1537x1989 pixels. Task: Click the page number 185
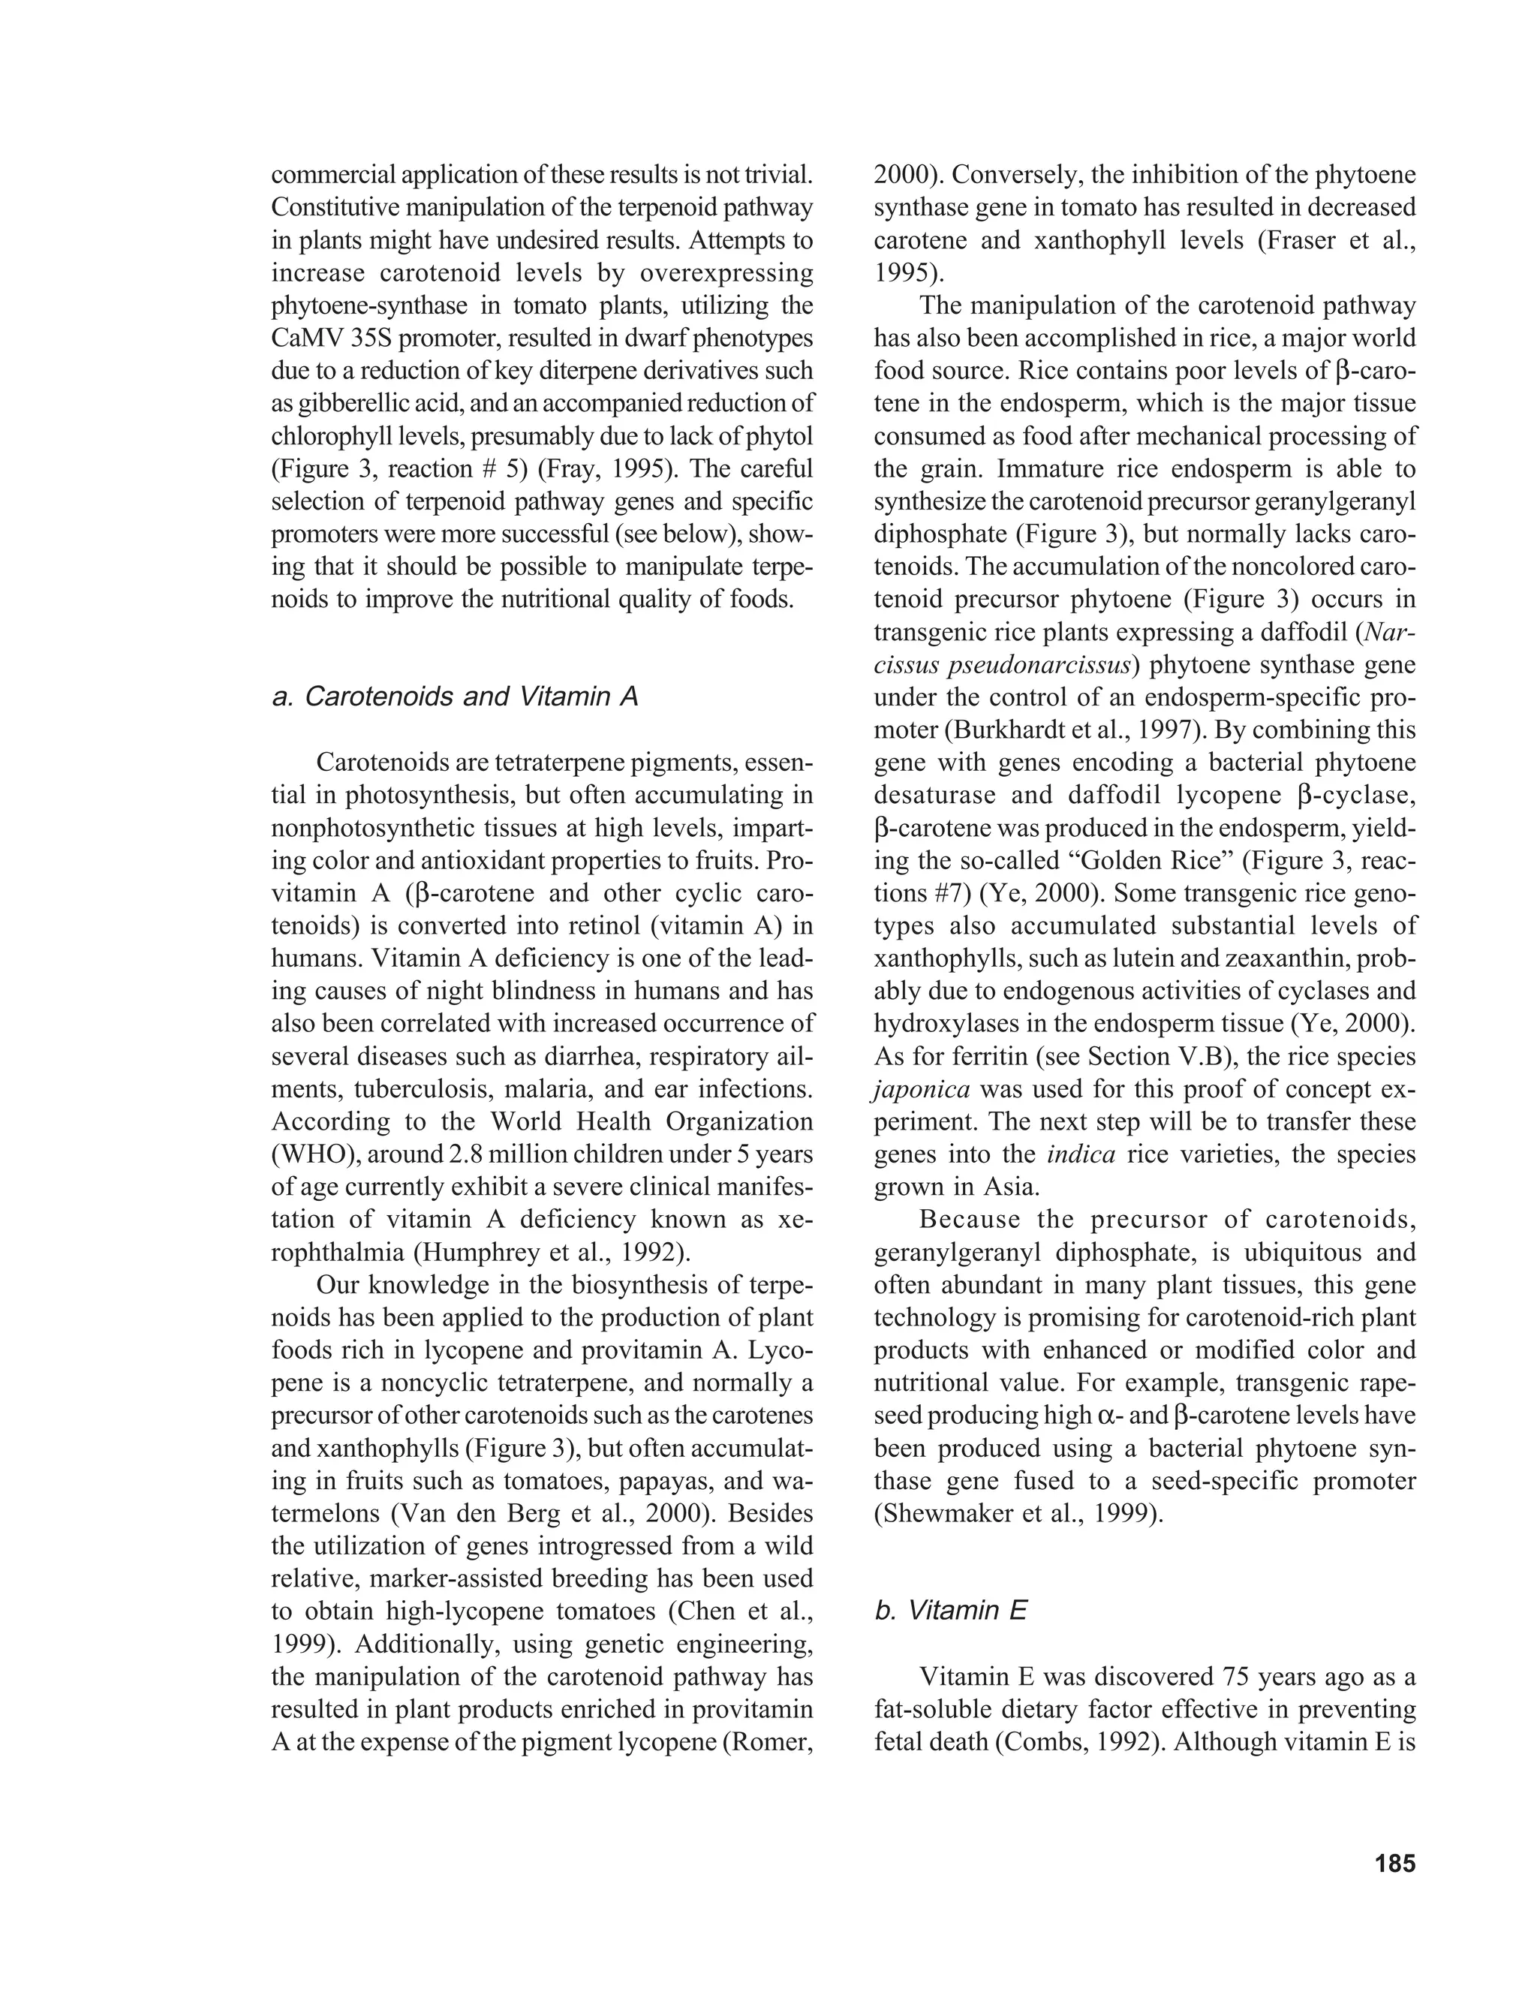click(x=1396, y=1864)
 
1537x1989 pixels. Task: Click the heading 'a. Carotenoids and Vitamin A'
click(x=456, y=697)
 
